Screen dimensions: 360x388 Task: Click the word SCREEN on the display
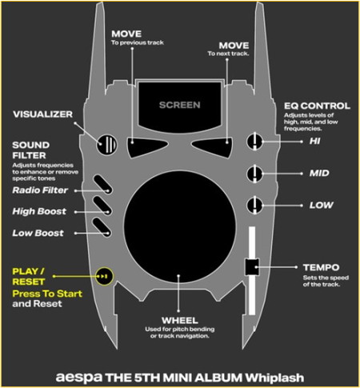coord(180,105)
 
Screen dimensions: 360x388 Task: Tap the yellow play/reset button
coord(105,276)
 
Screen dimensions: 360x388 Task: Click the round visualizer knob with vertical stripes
coord(106,145)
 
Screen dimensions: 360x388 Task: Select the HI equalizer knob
coord(254,142)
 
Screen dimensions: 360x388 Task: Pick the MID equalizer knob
coord(254,174)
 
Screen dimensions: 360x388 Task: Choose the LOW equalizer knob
coord(254,206)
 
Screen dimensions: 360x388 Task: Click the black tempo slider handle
coord(252,267)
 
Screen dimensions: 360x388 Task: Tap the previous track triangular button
coord(145,147)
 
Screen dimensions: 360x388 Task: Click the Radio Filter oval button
coord(102,184)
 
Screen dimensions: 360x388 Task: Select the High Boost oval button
coord(102,206)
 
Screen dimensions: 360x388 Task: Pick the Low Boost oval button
coord(102,227)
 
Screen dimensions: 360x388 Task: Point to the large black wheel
coord(180,226)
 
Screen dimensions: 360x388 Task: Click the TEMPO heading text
coord(321,267)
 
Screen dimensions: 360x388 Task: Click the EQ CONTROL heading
coord(317,106)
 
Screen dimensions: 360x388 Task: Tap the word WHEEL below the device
coord(180,320)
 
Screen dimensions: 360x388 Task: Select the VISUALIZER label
coord(42,114)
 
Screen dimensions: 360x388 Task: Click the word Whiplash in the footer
coord(274,378)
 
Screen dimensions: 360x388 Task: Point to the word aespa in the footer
coord(79,378)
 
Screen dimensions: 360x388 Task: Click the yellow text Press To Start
coord(47,294)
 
